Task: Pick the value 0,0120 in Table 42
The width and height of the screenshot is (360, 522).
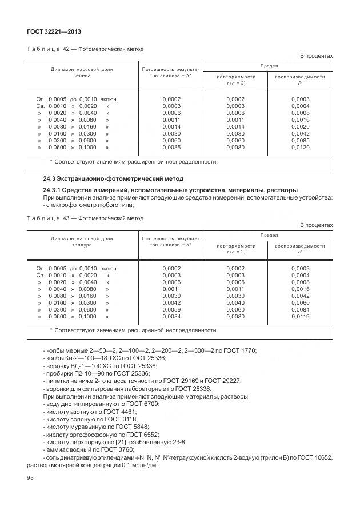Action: point(300,148)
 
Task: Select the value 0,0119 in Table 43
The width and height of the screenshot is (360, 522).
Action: point(300,316)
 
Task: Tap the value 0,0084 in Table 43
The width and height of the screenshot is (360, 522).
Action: point(171,316)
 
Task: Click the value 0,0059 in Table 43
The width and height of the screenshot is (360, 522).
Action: point(171,309)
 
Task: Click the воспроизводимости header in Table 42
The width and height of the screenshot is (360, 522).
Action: point(300,76)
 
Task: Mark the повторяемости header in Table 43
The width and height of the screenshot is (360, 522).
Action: point(236,245)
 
